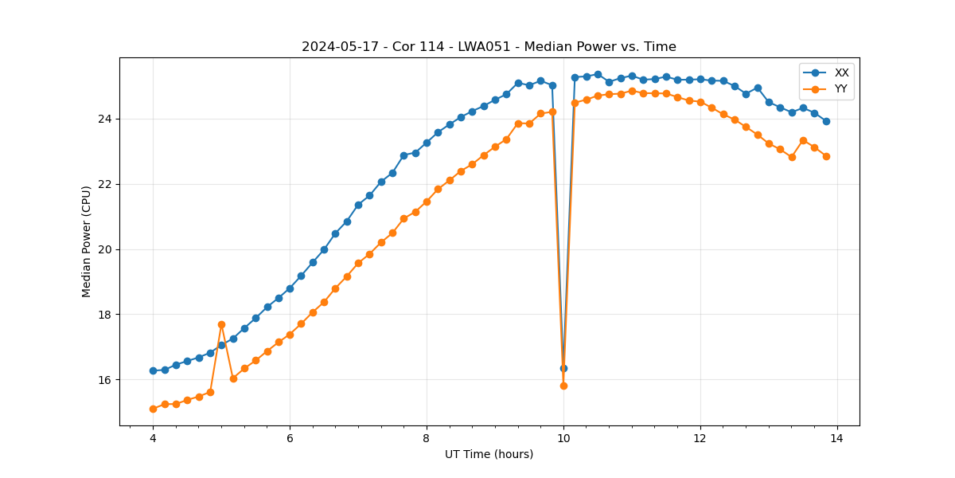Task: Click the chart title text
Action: [x=489, y=47]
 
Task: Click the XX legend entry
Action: [x=841, y=72]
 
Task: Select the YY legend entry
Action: [x=840, y=89]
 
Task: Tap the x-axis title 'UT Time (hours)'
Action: [x=489, y=454]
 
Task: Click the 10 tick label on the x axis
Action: [x=563, y=438]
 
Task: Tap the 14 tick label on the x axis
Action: [x=837, y=438]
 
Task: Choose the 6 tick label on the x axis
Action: [x=290, y=438]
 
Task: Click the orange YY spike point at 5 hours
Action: [x=221, y=324]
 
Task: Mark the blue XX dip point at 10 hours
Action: [x=563, y=368]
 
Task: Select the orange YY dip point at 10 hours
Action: [x=563, y=386]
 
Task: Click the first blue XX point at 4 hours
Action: [x=153, y=370]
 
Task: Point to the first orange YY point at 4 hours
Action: [x=153, y=409]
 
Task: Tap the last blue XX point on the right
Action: [x=826, y=121]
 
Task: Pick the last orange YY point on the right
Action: [x=826, y=156]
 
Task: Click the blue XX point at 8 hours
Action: [x=427, y=143]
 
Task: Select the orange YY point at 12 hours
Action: [x=700, y=102]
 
